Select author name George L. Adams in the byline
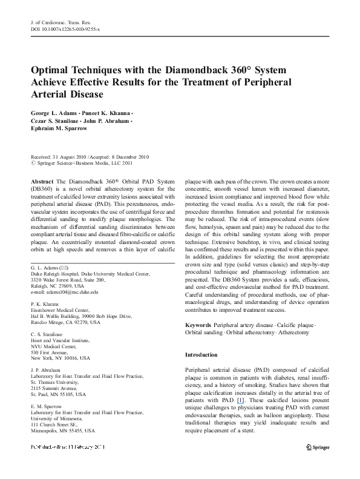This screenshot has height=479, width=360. pyautogui.click(x=54, y=113)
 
